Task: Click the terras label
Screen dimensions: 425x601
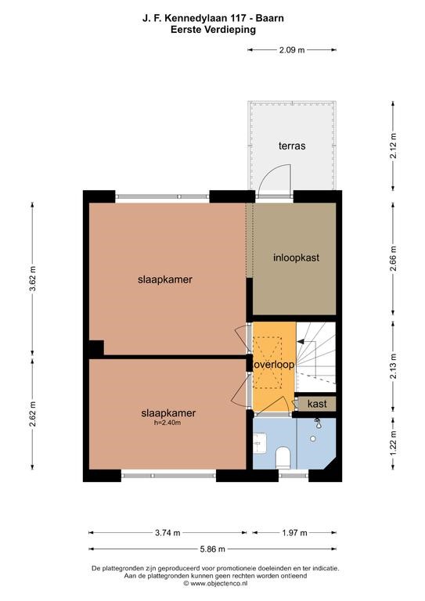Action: (x=292, y=146)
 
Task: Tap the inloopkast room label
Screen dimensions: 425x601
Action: (x=296, y=257)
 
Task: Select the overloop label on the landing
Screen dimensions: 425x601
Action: (x=275, y=365)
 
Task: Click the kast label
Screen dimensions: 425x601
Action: (x=317, y=404)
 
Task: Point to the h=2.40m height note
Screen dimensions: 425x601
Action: (x=167, y=423)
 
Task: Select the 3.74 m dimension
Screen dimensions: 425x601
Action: (x=167, y=532)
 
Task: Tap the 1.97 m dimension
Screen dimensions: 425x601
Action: (x=295, y=532)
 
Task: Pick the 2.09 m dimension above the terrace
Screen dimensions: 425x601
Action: (x=292, y=49)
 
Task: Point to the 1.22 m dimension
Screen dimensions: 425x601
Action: (x=393, y=444)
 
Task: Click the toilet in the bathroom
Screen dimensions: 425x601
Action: (x=283, y=457)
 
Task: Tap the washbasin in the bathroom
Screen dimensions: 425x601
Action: (x=260, y=443)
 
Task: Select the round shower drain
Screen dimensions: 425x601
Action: (x=313, y=438)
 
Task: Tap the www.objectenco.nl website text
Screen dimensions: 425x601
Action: (x=218, y=583)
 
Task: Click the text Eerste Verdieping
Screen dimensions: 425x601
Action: (x=213, y=30)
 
